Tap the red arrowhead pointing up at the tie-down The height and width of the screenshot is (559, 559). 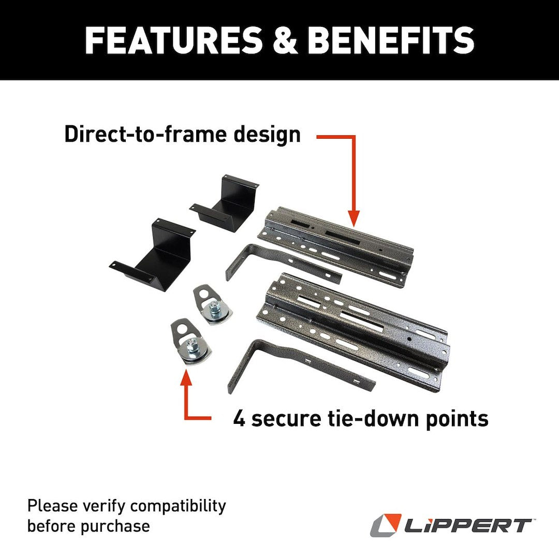[x=186, y=377]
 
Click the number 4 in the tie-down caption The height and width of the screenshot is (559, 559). [x=239, y=418]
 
